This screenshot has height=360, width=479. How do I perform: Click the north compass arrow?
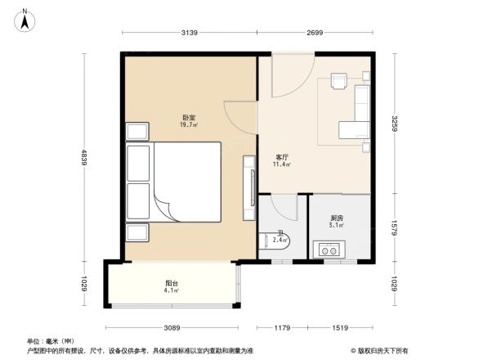coord(26,19)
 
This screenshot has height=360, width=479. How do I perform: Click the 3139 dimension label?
coord(190,33)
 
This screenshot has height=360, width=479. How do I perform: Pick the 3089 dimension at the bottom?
coord(170,328)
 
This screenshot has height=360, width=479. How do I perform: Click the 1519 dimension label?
coord(342,328)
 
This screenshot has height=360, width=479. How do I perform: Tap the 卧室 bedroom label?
coord(189,118)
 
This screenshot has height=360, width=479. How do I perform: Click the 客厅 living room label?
coord(282,157)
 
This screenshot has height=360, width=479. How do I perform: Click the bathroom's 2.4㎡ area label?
coord(280,240)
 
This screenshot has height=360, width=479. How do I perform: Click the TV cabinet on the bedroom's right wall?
coord(248,188)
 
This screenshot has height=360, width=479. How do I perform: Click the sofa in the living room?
coord(360,110)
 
